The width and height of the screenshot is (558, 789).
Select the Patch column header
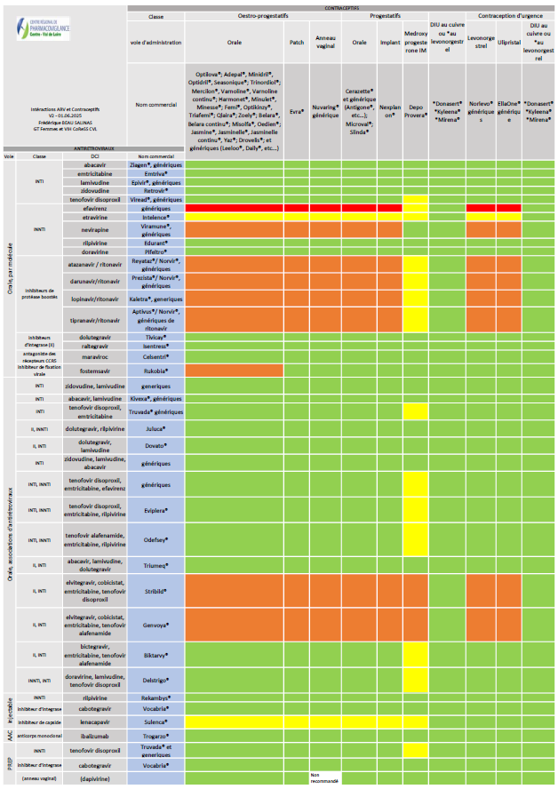click(x=298, y=42)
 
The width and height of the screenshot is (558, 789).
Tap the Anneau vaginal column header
click(x=325, y=42)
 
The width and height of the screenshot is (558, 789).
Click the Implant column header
click(x=388, y=42)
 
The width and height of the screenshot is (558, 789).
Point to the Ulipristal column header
click(x=509, y=42)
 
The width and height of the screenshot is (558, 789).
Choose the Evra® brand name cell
click(x=298, y=113)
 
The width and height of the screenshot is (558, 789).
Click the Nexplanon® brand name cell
click(x=388, y=113)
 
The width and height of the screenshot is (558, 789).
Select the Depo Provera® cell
click(x=416, y=113)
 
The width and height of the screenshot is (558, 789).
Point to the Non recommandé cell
click(x=325, y=778)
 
